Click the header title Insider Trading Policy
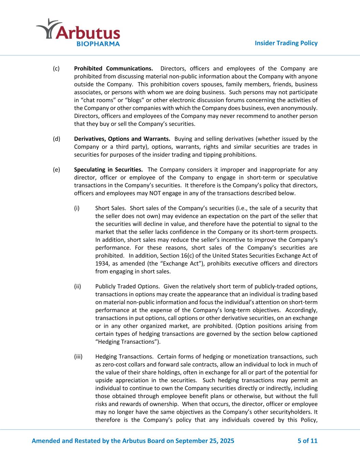(x=286, y=43)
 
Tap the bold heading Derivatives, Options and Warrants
(x=122, y=139)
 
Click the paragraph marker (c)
(x=56, y=69)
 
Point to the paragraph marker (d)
(x=56, y=139)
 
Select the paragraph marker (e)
(x=56, y=170)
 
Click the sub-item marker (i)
(x=77, y=208)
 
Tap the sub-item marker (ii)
(x=78, y=286)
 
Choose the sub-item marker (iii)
(x=78, y=357)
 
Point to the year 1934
(x=102, y=264)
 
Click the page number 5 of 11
(x=307, y=441)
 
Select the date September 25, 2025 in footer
(x=205, y=441)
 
